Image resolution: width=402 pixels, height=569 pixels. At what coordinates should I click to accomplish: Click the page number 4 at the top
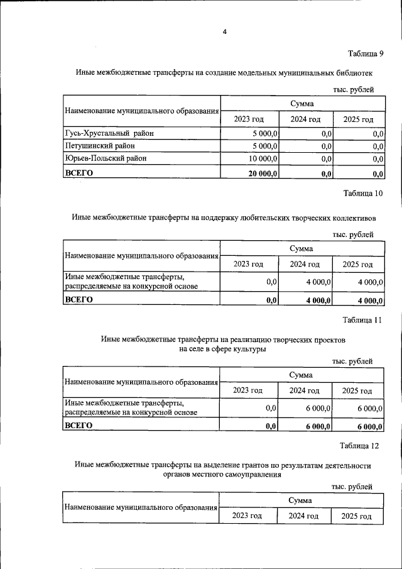point(224,33)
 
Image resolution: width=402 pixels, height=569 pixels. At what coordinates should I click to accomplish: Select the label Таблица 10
point(363,194)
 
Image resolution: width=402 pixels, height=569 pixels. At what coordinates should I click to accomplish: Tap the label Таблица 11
point(362,320)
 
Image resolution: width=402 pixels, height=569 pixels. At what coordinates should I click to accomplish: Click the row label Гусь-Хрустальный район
point(109,133)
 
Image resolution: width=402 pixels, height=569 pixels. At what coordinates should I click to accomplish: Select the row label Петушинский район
point(100,146)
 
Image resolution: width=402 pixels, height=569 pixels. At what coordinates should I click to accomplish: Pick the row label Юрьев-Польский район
point(106,158)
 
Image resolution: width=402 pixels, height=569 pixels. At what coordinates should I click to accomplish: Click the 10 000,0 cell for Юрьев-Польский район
point(263,159)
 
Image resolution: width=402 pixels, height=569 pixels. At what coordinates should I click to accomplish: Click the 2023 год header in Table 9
point(248,119)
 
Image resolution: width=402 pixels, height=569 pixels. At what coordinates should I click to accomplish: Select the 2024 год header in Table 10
point(305,264)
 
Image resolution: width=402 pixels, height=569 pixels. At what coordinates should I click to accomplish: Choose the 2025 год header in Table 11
point(357,390)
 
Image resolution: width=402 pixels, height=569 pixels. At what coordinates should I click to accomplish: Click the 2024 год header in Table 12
point(303,516)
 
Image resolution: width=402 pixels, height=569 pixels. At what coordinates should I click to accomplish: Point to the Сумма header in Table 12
point(301,500)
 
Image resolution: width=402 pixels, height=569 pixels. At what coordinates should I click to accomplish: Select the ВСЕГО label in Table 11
point(79,426)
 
